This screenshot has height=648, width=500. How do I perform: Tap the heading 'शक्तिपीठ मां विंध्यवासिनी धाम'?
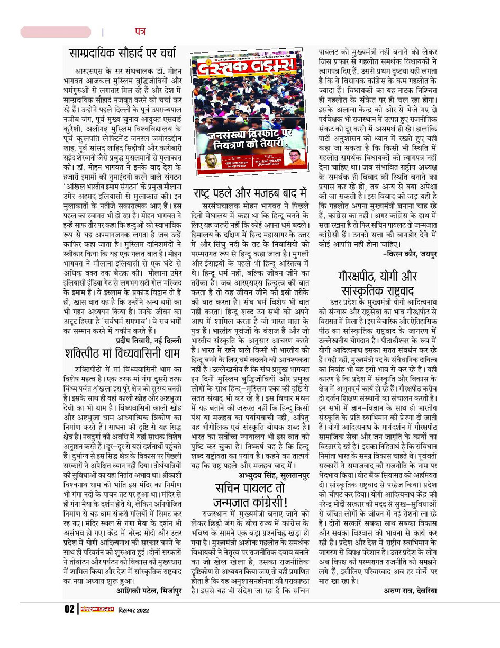(124, 352)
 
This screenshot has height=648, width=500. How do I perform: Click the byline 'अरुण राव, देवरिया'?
(410, 590)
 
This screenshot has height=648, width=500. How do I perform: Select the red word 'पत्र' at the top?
(140, 32)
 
